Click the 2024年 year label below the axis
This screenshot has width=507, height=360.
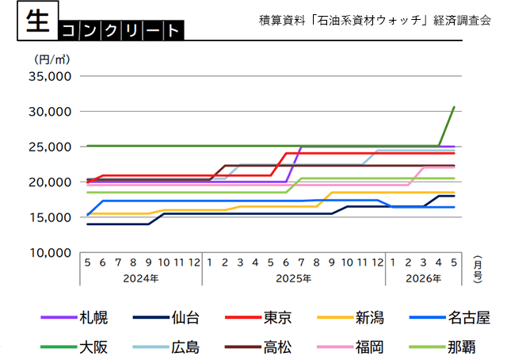coord(140,278)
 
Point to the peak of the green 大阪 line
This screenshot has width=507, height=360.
coord(453,106)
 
